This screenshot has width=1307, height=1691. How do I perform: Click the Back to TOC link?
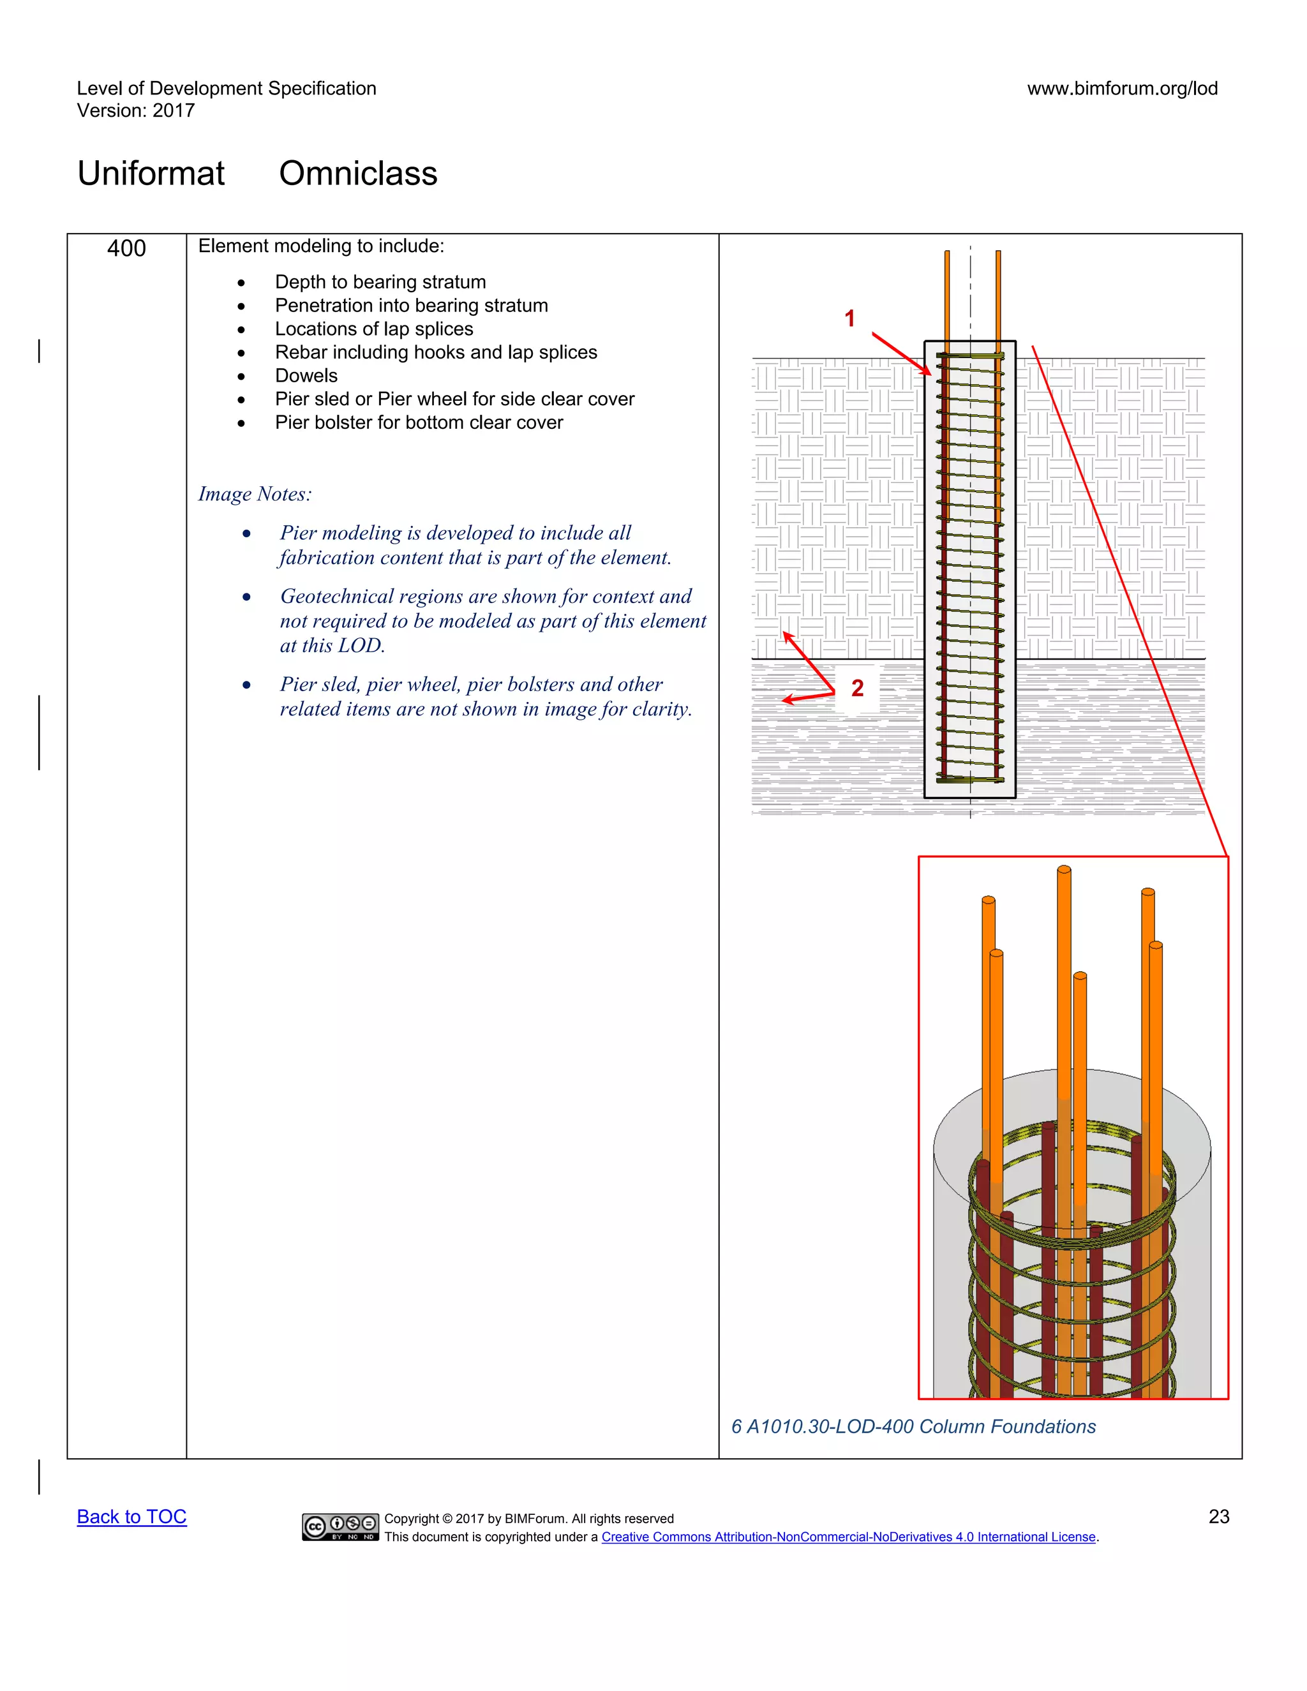coord(131,1517)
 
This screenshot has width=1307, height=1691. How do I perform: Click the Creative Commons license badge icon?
coord(340,1527)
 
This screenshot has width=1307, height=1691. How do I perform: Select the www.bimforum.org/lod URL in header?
coord(1122,88)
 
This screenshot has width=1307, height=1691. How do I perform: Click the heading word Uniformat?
coord(151,174)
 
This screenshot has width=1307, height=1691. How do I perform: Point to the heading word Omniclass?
coord(358,174)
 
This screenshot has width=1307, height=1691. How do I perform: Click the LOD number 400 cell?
coord(126,248)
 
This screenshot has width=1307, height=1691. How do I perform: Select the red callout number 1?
coord(849,318)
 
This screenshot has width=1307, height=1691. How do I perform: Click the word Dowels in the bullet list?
coord(306,375)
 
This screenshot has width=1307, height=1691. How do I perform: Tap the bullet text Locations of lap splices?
coord(374,329)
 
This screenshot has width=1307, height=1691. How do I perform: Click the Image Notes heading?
coord(255,494)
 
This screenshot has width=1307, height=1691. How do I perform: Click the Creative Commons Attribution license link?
coord(848,1537)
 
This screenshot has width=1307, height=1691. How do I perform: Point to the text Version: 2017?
coord(135,111)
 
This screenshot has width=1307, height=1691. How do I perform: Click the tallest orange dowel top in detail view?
coord(1064,870)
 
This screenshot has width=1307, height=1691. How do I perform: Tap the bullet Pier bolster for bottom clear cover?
coord(419,422)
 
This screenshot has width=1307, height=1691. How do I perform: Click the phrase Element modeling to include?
coord(320,246)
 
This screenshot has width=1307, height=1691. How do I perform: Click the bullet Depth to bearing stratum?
coord(380,282)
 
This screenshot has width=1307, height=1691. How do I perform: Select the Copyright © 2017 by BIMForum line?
coord(529,1518)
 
